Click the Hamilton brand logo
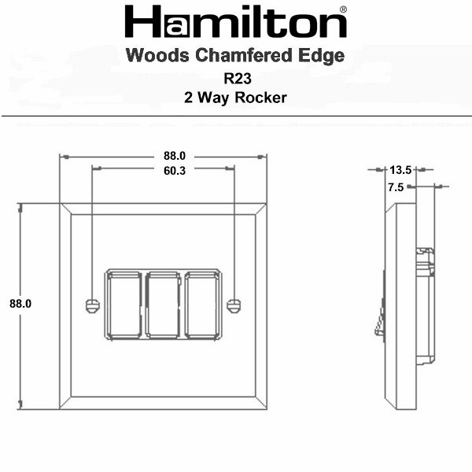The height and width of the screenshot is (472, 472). coord(235,22)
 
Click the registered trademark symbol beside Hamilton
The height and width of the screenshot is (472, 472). coord(343,9)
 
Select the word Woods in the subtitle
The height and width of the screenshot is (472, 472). coord(158,56)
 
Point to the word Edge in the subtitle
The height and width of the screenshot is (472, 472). coord(322,57)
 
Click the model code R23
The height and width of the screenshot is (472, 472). coord(238,79)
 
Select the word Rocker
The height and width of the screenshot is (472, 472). coord(260,98)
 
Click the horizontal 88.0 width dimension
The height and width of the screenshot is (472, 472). coord(175,156)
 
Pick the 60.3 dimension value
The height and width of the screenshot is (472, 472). coord(175,171)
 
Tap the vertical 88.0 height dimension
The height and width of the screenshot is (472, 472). coord(20,304)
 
